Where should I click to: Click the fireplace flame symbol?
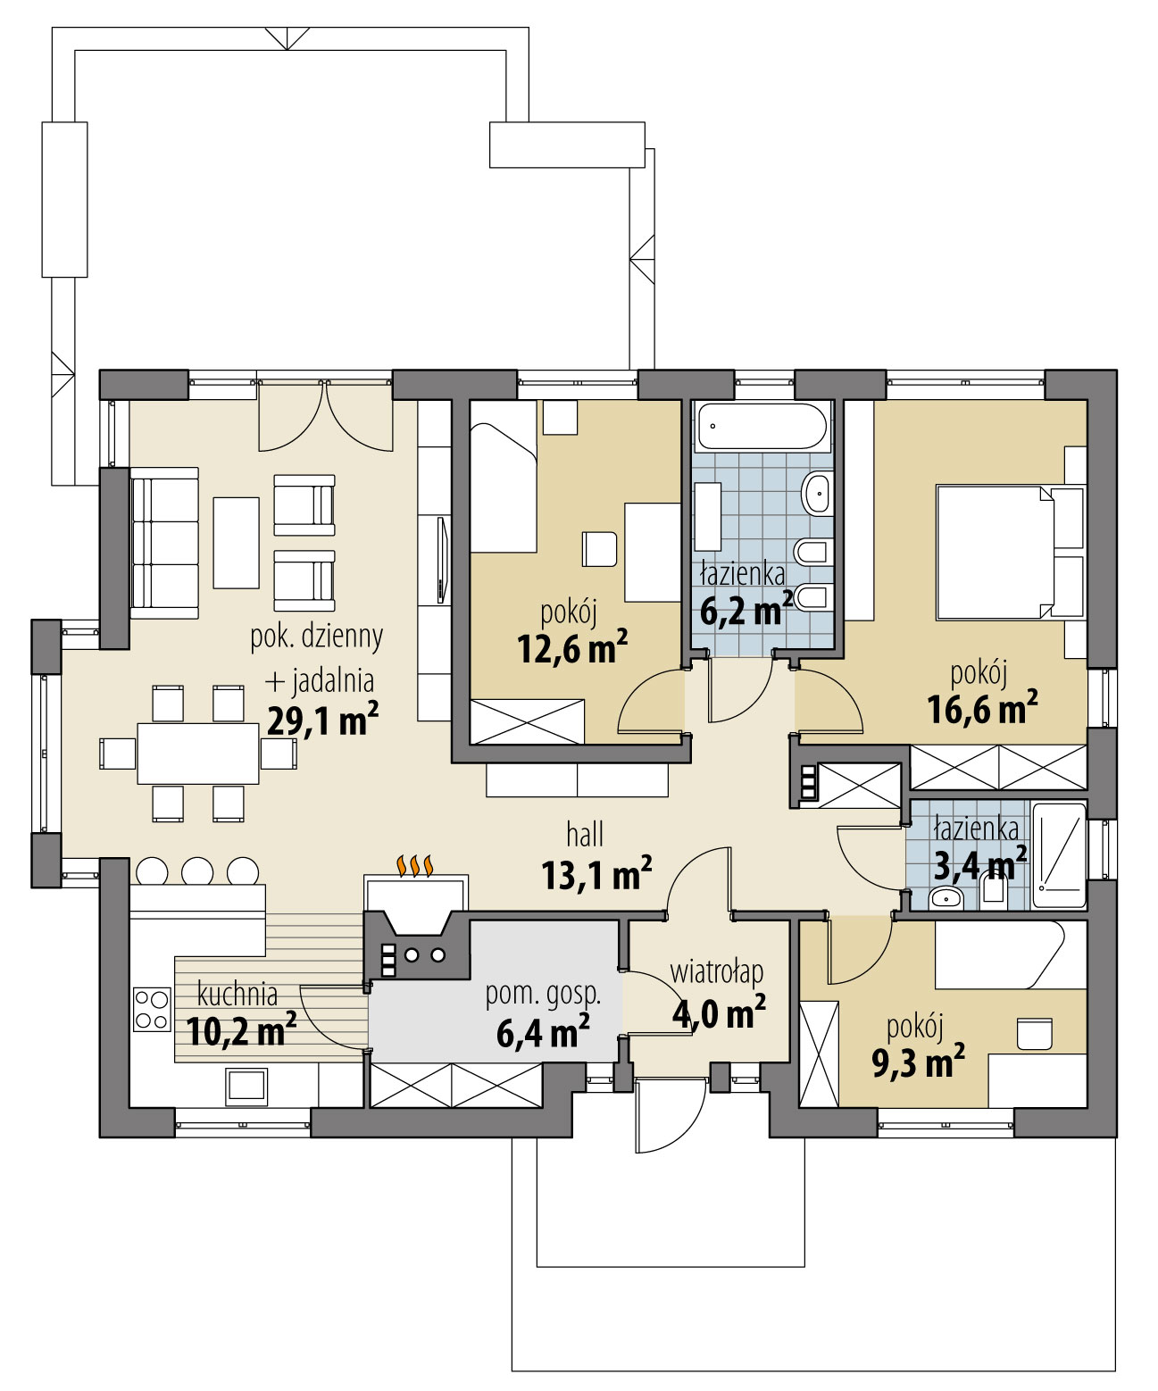click(416, 864)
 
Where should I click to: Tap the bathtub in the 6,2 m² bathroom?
click(762, 427)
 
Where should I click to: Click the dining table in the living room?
click(198, 753)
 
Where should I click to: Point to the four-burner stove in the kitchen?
click(151, 1009)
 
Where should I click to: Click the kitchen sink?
click(246, 1084)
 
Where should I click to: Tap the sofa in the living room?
click(164, 543)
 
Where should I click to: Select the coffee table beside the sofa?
click(236, 542)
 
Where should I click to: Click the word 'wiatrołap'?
click(716, 970)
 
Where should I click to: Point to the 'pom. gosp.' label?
click(543, 994)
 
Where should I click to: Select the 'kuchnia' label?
click(237, 994)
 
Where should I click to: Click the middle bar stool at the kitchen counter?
click(197, 870)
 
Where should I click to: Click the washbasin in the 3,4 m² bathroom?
click(945, 897)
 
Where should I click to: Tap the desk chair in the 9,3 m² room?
click(1035, 1033)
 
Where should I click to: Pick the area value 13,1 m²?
click(596, 875)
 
